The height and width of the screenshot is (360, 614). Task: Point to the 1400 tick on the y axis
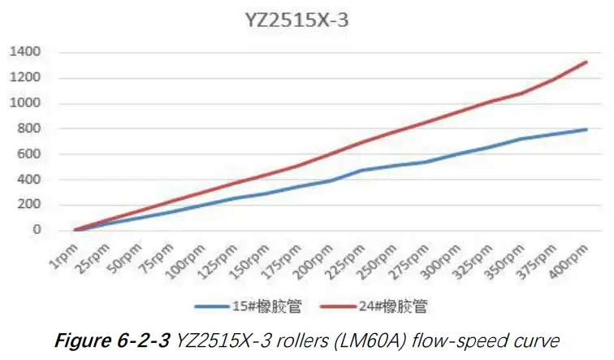click(24, 52)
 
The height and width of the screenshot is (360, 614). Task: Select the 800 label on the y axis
click(28, 128)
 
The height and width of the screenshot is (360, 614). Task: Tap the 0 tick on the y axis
click(37, 230)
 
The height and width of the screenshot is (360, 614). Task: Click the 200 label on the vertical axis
click(28, 205)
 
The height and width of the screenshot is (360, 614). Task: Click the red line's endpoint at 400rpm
click(586, 61)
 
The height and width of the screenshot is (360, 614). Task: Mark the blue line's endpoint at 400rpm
click(586, 129)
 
